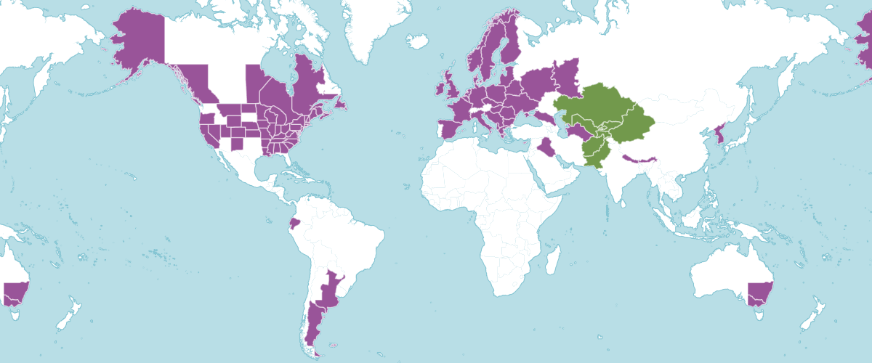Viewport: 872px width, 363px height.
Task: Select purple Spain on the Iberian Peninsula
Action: point(450,129)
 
